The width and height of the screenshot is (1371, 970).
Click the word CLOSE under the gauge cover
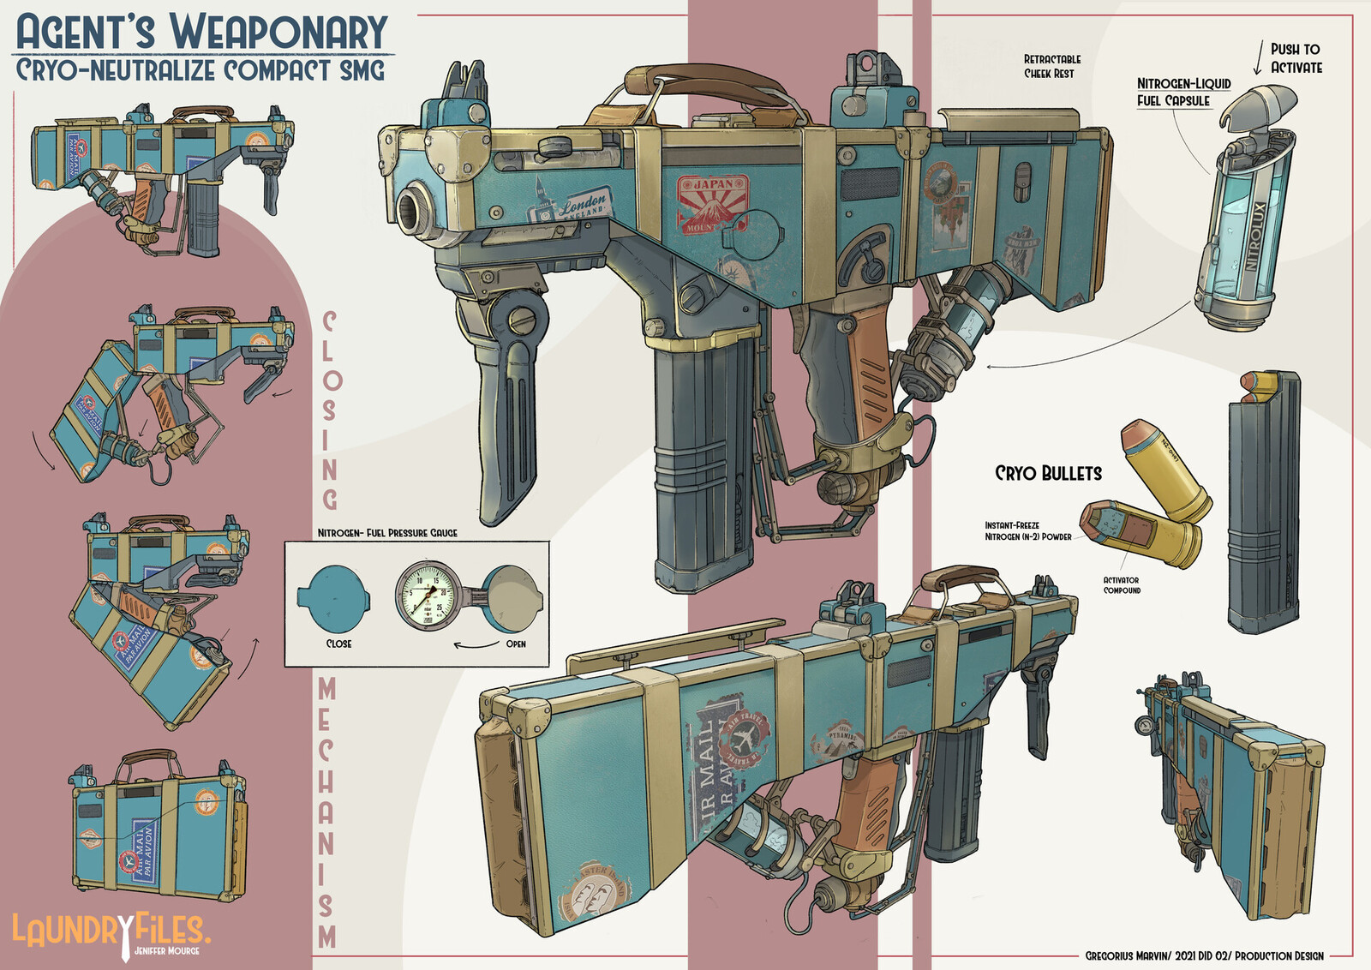click(338, 644)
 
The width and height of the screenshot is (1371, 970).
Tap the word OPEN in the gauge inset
click(516, 644)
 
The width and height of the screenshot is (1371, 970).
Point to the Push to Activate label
click(1295, 58)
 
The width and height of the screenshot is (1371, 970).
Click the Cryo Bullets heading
click(1048, 473)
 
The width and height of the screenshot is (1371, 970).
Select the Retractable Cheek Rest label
click(1052, 66)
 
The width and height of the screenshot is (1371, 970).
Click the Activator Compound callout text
click(1122, 585)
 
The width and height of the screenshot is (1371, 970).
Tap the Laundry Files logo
click(110, 931)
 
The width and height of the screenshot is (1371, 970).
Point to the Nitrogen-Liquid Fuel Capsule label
click(1182, 92)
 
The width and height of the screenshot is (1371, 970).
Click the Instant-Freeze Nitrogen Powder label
click(1027, 531)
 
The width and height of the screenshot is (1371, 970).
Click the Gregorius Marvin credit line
click(1204, 955)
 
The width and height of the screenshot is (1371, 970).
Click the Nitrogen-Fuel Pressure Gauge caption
click(387, 533)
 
